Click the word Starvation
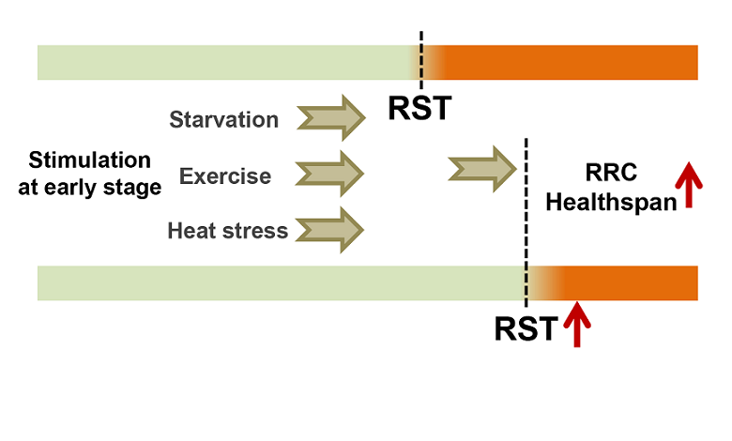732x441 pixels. click(x=224, y=119)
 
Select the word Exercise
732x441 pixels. click(x=225, y=175)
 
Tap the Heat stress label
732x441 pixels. click(x=228, y=230)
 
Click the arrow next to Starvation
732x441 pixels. click(x=330, y=118)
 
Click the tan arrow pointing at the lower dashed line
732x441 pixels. click(x=483, y=168)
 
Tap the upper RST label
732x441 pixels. click(x=419, y=108)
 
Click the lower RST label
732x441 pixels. click(x=526, y=328)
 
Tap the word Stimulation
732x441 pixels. click(x=90, y=160)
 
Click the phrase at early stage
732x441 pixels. click(x=90, y=187)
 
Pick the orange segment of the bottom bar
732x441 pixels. click(x=629, y=282)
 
